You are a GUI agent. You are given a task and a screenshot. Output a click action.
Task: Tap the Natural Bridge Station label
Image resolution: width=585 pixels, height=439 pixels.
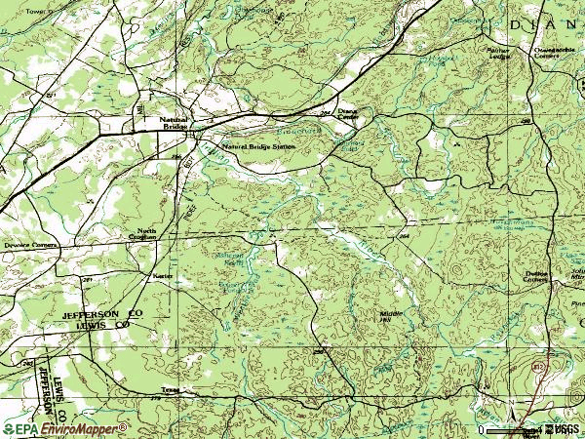click(257, 146)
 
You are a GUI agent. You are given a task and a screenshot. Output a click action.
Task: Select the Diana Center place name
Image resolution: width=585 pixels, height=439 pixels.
click(348, 115)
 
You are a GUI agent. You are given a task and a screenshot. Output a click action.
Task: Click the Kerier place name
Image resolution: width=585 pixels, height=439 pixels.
click(162, 276)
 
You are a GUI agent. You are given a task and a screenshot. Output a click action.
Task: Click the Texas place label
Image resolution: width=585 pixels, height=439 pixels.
click(172, 389)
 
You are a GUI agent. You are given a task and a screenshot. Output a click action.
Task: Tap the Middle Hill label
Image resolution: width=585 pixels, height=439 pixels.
click(391, 314)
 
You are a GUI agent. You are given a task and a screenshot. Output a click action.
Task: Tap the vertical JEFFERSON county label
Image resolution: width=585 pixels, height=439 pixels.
click(46, 395)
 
